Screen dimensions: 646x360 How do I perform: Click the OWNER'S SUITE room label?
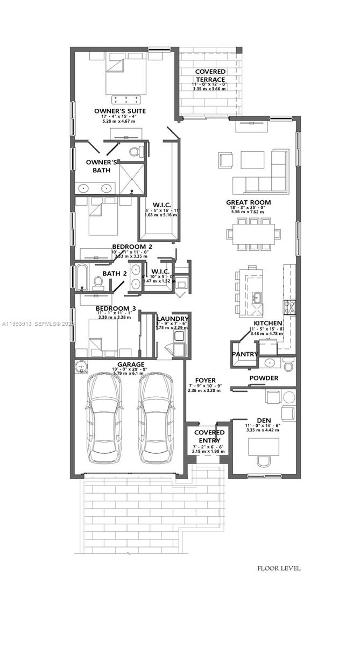pos(119,111)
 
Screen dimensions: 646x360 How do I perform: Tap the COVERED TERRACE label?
pos(210,75)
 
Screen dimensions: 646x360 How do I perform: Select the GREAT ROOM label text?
pos(248,202)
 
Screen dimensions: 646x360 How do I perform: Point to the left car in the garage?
pos(104,418)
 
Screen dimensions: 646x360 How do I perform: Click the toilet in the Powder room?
pos(288,366)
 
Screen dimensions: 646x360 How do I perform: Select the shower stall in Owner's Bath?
pos(131,178)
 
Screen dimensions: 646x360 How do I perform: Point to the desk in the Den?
pos(264,446)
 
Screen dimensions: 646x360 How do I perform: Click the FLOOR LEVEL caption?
pos(279,568)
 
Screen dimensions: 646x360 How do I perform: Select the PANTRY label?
pos(245,354)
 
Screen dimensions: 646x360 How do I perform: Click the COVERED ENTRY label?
pos(209,437)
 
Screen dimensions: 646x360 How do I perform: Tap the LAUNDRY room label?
pos(172,319)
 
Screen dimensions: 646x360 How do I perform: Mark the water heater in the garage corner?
pos(82,367)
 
